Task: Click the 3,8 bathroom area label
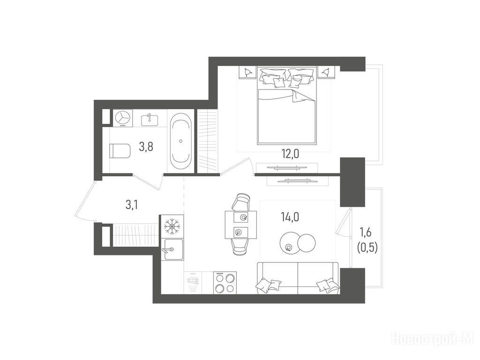click(146, 147)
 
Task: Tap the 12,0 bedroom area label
click(290, 154)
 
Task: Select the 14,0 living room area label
click(290, 217)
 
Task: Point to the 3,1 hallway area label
click(132, 204)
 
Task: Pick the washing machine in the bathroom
click(123, 118)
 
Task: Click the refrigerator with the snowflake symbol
click(172, 226)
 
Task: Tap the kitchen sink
click(173, 249)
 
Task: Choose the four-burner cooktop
click(225, 283)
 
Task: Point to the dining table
click(241, 225)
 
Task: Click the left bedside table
click(247, 73)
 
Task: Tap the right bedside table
click(327, 73)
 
